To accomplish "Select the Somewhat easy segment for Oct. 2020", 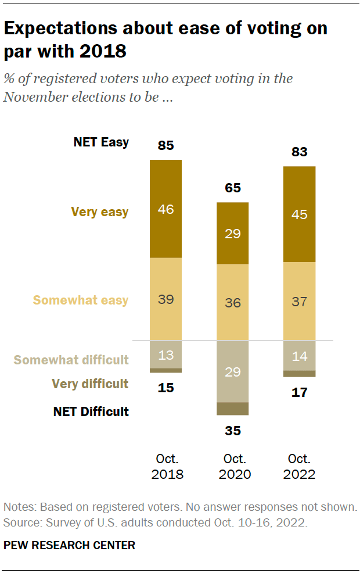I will click(x=233, y=302).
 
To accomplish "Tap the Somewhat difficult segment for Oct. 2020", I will click(x=233, y=371).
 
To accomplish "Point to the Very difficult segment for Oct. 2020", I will click(x=233, y=409).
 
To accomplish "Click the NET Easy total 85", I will click(x=166, y=145).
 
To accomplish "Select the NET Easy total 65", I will click(x=233, y=188).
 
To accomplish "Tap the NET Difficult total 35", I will click(x=233, y=431).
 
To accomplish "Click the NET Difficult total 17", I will click(x=300, y=392).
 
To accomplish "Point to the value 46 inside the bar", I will click(x=166, y=209).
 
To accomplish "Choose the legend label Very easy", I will click(x=100, y=212).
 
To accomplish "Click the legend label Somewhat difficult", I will click(x=71, y=360).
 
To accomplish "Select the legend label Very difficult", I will click(x=90, y=384).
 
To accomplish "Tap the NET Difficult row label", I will click(x=91, y=411).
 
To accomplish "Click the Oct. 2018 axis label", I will click(x=167, y=466).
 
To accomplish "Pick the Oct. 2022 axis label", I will click(x=300, y=466).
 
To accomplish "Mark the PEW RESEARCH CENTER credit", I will click(x=69, y=545).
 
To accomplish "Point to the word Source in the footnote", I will click(x=19, y=522).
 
